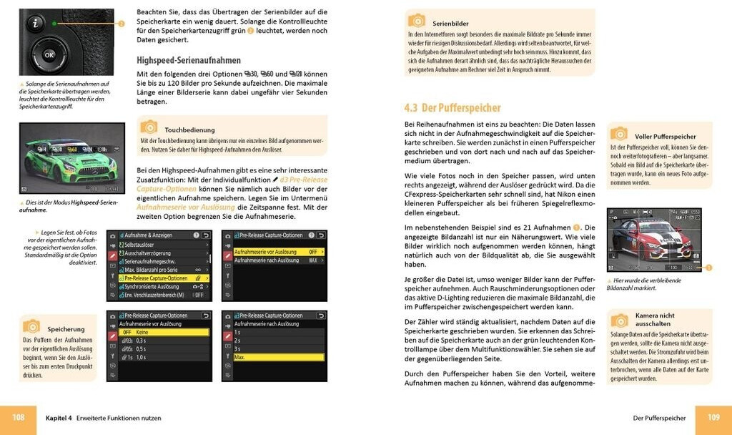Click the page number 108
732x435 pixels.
pos(19,418)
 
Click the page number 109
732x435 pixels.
pos(713,418)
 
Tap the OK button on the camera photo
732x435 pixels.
pos(49,55)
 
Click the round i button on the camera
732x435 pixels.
pos(36,24)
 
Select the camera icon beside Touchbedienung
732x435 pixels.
pos(149,127)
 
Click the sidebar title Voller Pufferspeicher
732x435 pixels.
pos(665,136)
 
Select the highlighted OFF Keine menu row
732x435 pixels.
pos(164,333)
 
